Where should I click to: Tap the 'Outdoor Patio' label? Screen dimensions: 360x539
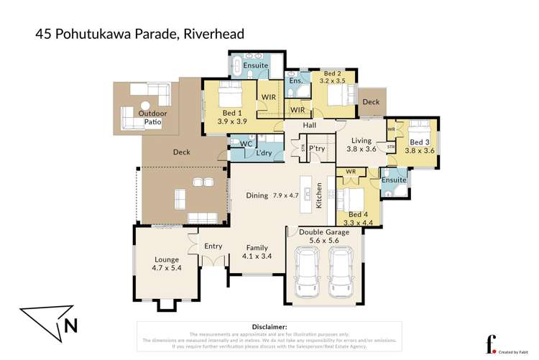152,118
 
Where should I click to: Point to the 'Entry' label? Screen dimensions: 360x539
213,246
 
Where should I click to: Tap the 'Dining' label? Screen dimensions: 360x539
257,195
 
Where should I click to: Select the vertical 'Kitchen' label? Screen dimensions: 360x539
319,195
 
